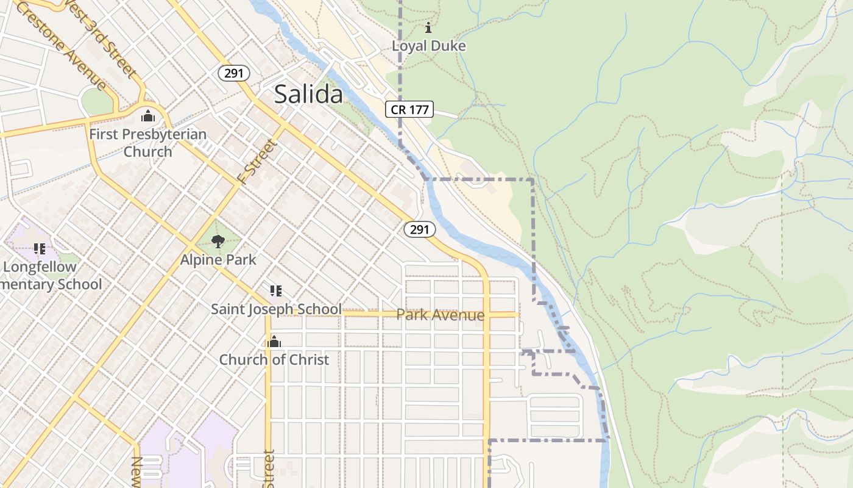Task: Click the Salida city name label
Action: [x=308, y=95]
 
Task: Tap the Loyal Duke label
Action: [x=428, y=46]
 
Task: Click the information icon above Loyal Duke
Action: [x=428, y=27]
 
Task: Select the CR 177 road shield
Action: [x=409, y=110]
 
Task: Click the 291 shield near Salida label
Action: [x=233, y=74]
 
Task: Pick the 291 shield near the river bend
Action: [x=420, y=229]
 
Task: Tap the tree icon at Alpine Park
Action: [x=218, y=242]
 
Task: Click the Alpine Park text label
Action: [x=218, y=260]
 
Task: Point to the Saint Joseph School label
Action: [x=276, y=309]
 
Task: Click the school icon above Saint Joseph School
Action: [x=275, y=291]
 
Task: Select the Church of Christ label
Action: [x=274, y=360]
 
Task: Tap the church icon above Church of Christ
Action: [x=274, y=342]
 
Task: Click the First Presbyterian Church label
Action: [x=147, y=143]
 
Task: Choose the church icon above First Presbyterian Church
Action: [x=147, y=116]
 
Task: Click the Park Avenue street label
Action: [x=440, y=315]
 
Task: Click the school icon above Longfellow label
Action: [x=40, y=248]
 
